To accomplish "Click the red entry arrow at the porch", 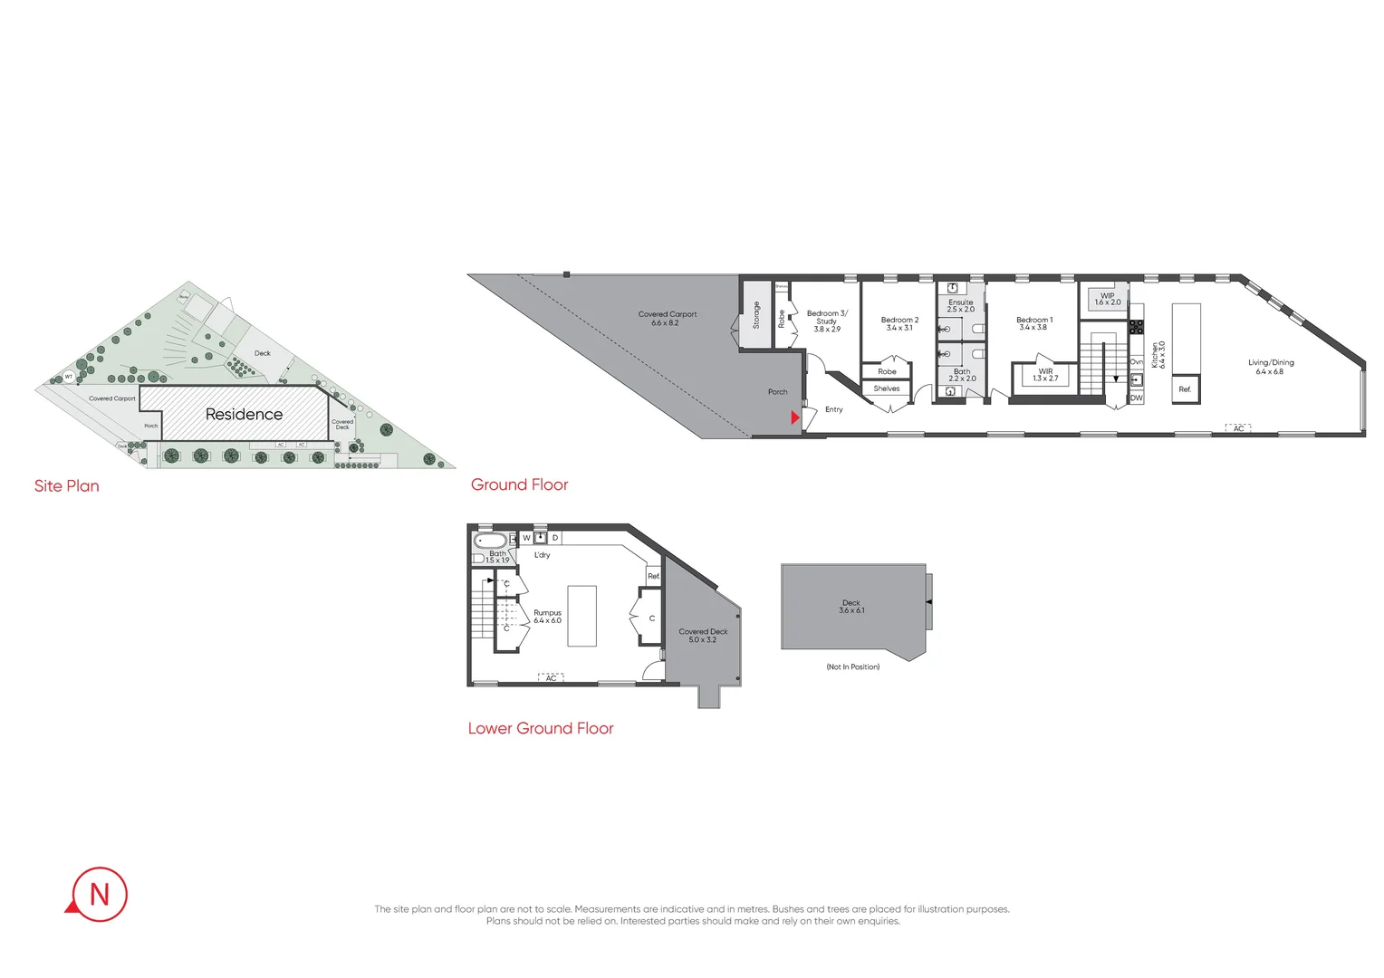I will tap(795, 417).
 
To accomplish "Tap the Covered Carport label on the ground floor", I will tap(667, 318).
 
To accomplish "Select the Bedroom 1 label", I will tap(1033, 323).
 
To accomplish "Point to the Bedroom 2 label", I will tap(899, 323).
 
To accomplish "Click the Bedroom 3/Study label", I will tap(826, 321).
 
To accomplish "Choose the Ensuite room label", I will tap(960, 305).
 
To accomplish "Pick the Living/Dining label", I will tap(1270, 367).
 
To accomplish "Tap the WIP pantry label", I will tap(1107, 299).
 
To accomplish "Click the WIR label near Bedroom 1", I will tap(1045, 374).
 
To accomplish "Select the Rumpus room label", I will tap(547, 617).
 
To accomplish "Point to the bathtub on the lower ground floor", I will tap(490, 541).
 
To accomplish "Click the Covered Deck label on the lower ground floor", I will tap(703, 635).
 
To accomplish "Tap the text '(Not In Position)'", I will tap(852, 666).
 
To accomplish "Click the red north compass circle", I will tap(99, 895).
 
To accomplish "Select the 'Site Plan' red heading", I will tap(67, 486).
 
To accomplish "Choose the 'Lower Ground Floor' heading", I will tap(541, 728).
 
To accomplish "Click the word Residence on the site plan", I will tap(244, 414).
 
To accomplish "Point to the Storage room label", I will tap(756, 314).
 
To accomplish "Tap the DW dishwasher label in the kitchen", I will tap(1136, 398).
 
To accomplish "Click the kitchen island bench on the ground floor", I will tap(1186, 339).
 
